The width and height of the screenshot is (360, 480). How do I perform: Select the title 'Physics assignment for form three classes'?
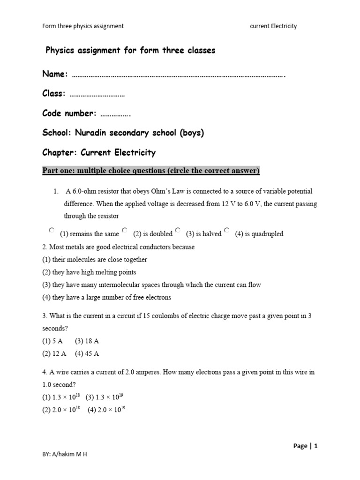click(x=130, y=51)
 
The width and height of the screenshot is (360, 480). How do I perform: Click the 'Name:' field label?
click(x=55, y=75)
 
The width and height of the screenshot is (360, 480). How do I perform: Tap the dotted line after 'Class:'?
click(x=97, y=94)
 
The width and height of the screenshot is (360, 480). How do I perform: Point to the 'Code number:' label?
click(x=69, y=113)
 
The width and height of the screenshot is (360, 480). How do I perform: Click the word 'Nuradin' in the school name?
click(x=94, y=133)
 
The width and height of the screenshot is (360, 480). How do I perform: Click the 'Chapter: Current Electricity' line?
click(x=99, y=153)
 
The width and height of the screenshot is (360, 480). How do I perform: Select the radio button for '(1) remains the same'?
click(x=51, y=230)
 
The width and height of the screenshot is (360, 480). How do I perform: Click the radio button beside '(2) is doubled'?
click(x=124, y=230)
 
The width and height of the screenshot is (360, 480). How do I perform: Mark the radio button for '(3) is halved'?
click(x=178, y=230)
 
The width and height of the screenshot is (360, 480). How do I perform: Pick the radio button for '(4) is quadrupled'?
click(x=226, y=230)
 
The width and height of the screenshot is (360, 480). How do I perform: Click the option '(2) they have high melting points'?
click(x=89, y=272)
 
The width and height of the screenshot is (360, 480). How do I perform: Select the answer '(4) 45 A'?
click(x=87, y=353)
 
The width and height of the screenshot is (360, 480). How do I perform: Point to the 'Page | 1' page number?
click(x=305, y=446)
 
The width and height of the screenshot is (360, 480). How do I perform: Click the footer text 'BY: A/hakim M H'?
click(x=65, y=455)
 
